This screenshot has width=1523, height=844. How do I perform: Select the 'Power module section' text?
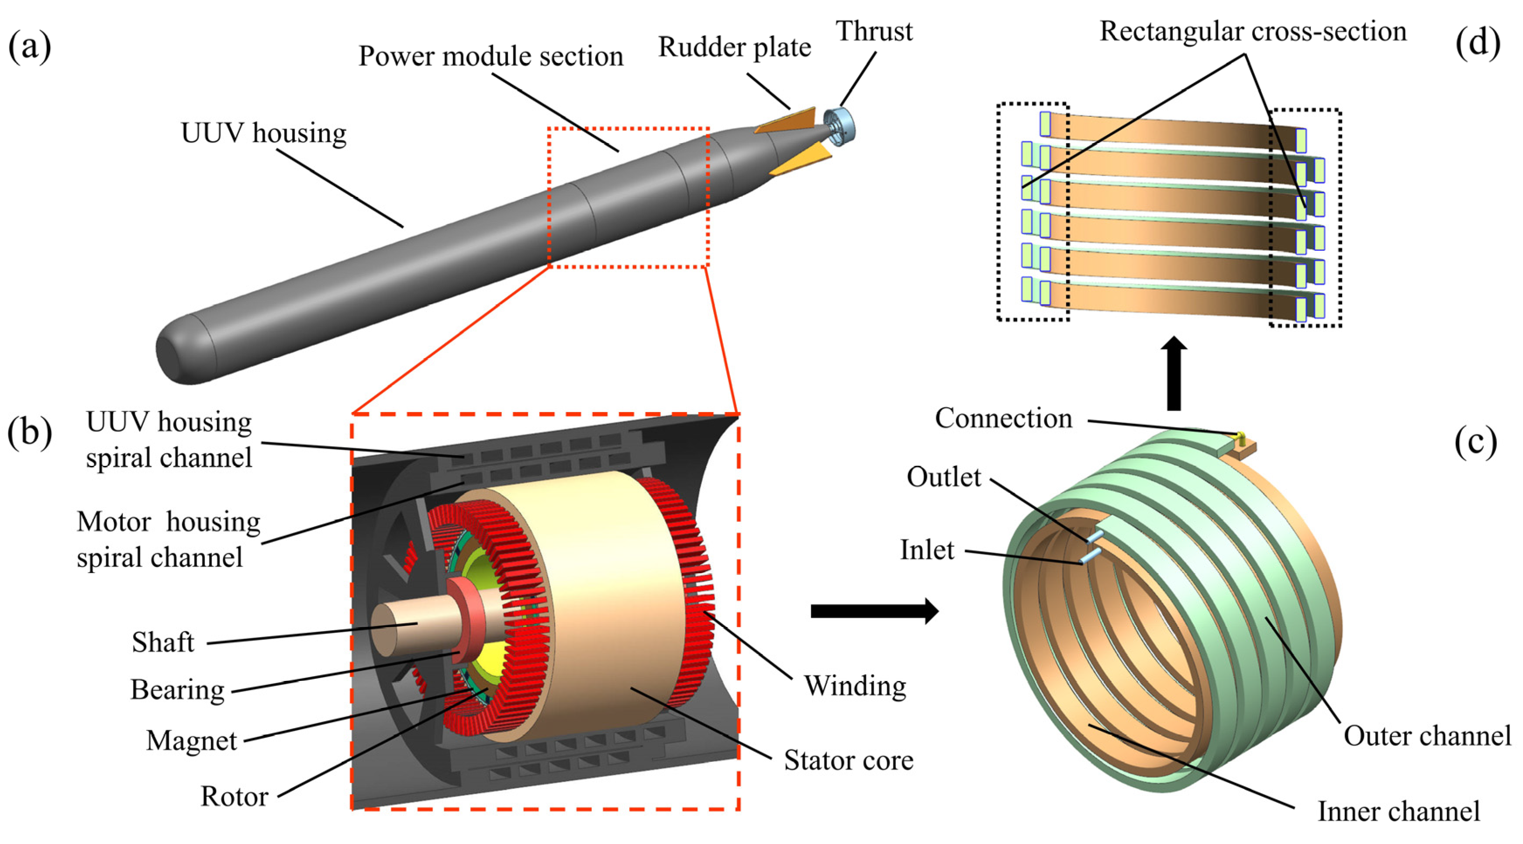(491, 57)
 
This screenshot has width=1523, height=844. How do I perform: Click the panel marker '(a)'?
(30, 47)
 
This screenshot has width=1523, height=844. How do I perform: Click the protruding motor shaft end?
(393, 630)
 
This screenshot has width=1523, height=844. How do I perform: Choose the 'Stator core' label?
(848, 761)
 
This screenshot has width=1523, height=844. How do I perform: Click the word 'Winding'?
(855, 686)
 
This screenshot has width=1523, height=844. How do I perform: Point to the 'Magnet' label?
(191, 740)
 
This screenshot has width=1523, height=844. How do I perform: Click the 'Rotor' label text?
(234, 797)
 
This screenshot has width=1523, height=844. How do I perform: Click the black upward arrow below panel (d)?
(1174, 373)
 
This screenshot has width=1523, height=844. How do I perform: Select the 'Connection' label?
(1003, 419)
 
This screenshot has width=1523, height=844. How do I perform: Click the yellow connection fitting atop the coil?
(1240, 438)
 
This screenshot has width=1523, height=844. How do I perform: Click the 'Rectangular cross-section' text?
(1253, 31)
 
